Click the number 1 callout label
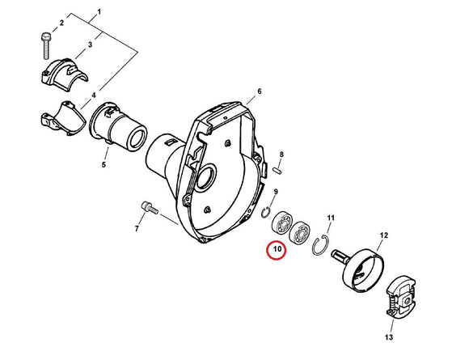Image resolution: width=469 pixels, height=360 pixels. [x=99, y=12]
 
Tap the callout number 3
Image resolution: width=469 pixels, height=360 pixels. [x=90, y=45]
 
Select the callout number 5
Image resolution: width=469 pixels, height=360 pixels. [x=103, y=166]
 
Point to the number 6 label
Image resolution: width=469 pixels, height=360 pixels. [x=259, y=91]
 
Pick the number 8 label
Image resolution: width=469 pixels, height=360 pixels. [x=281, y=154]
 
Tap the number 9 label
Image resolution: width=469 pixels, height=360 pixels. [x=277, y=192]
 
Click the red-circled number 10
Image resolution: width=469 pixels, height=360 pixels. [x=277, y=251]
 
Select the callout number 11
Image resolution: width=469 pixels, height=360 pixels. [x=330, y=218]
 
